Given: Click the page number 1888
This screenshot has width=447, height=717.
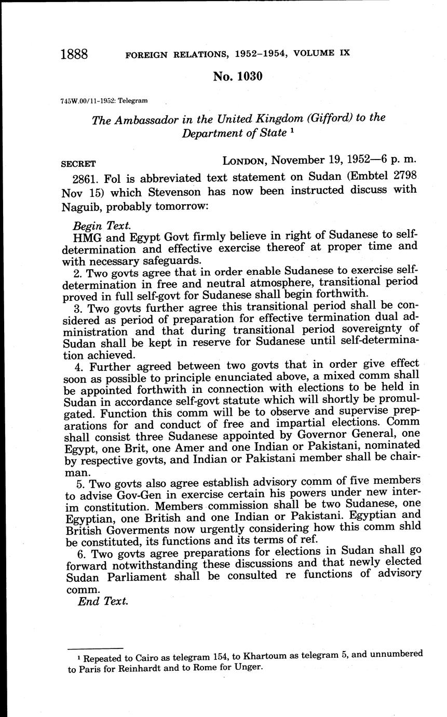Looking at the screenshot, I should click(74, 55).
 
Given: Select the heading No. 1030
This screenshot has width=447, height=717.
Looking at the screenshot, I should click(238, 77).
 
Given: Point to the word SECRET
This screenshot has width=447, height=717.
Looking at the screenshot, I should click(78, 163).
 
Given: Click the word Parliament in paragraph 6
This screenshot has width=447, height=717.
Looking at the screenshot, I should click(128, 577).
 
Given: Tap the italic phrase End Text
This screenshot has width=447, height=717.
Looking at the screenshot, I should click(103, 602).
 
